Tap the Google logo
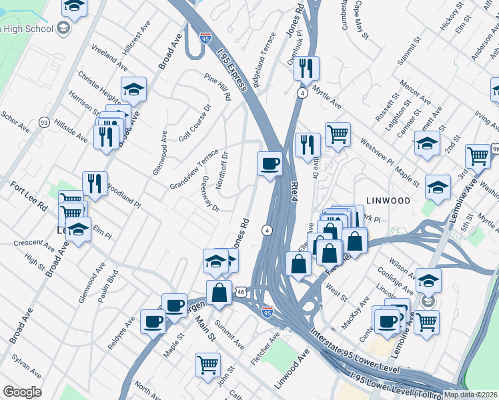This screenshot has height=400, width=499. point(21,392)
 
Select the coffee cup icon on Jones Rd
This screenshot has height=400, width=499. point(270,163)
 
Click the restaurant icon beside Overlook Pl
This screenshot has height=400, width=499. point(306,68)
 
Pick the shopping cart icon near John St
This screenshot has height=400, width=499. point(207,365)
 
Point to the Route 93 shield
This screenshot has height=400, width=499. point(44,122)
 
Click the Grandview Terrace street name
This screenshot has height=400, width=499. point(194,169)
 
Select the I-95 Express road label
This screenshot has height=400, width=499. point(233,67)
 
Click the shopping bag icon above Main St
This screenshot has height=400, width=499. point(219,291)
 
